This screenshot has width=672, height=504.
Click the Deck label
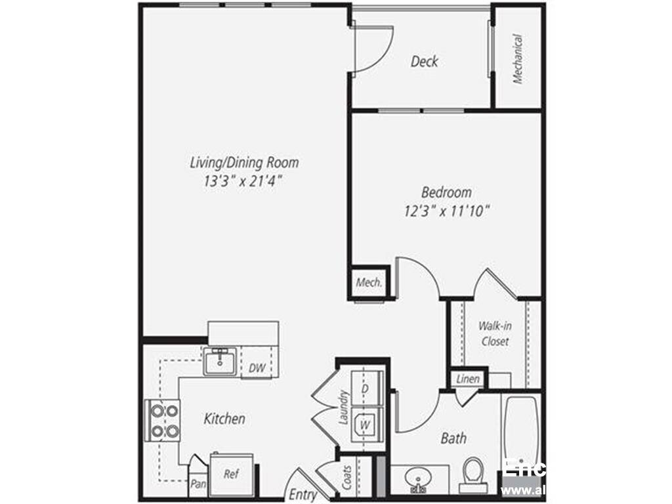pyautogui.click(x=424, y=62)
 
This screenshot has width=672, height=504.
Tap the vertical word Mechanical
pyautogui.click(x=518, y=59)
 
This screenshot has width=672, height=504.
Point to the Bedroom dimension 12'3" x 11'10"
pyautogui.click(x=446, y=211)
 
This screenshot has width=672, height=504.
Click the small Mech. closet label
pyautogui.click(x=369, y=283)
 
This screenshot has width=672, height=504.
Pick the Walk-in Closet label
pyautogui.click(x=494, y=333)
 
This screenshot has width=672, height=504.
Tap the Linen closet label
pyautogui.click(x=467, y=379)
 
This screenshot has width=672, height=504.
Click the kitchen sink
pyautogui.click(x=220, y=362)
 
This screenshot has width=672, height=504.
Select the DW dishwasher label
pyautogui.click(x=257, y=369)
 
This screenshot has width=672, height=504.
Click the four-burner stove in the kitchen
pyautogui.click(x=162, y=421)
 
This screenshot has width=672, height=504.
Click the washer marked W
pyautogui.click(x=365, y=424)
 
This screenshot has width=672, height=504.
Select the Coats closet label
pyautogui.click(x=347, y=478)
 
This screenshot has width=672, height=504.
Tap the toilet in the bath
pyautogui.click(x=472, y=474)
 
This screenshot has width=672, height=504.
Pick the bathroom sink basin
pyautogui.click(x=418, y=478)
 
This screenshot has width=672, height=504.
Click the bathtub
pyautogui.click(x=522, y=427)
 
